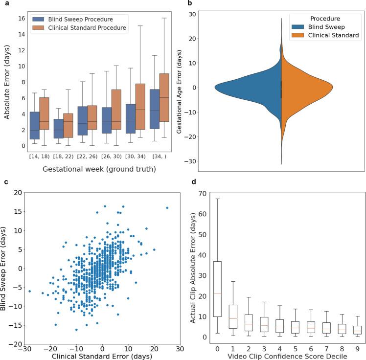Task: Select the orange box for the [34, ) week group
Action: [x=164, y=98]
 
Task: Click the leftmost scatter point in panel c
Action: [x=29, y=291]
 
